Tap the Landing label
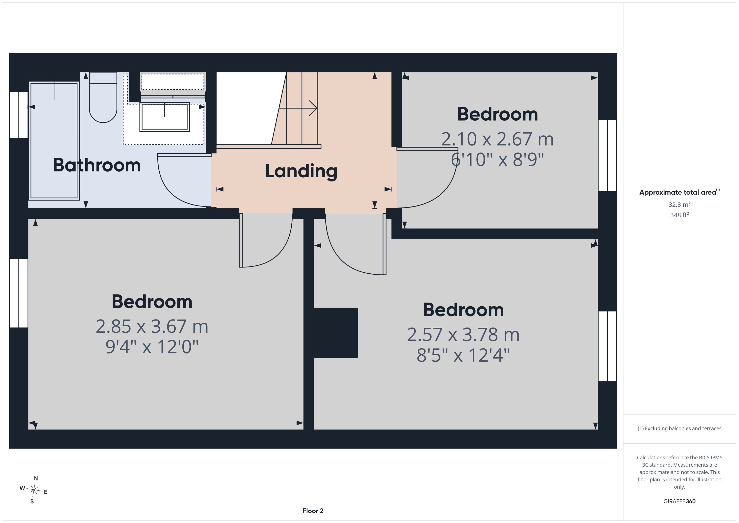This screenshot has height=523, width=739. coord(301,171)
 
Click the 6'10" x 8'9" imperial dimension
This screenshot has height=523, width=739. coord(497,159)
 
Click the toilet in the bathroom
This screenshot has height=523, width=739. coord(103,97)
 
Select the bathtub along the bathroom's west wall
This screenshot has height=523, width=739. coord(54,141)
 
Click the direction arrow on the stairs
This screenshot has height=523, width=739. coord(298,108)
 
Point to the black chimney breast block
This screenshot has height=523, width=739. coord(336,333)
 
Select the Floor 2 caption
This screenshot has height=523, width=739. coord(313,511)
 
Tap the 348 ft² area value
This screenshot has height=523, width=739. coord(679,215)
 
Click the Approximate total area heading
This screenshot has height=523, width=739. coord(679,192)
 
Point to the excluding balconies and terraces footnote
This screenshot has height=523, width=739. coord(679,428)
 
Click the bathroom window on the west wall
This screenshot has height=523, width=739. coord(19,115)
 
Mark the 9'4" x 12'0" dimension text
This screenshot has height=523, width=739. coord(152,347)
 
